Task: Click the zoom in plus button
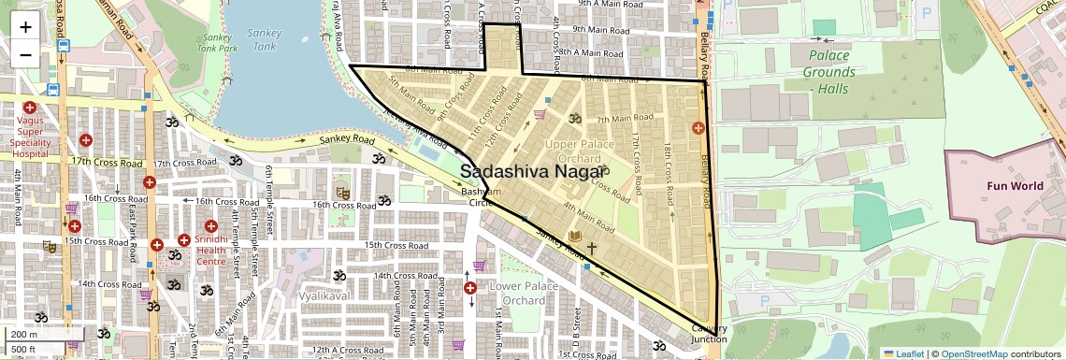click(25, 26)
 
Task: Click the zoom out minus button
click(25, 54)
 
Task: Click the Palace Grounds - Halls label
click(829, 72)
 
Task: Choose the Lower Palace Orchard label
click(517, 293)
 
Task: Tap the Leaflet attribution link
click(903, 353)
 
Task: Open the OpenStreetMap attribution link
click(973, 353)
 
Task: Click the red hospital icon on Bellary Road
click(698, 127)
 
